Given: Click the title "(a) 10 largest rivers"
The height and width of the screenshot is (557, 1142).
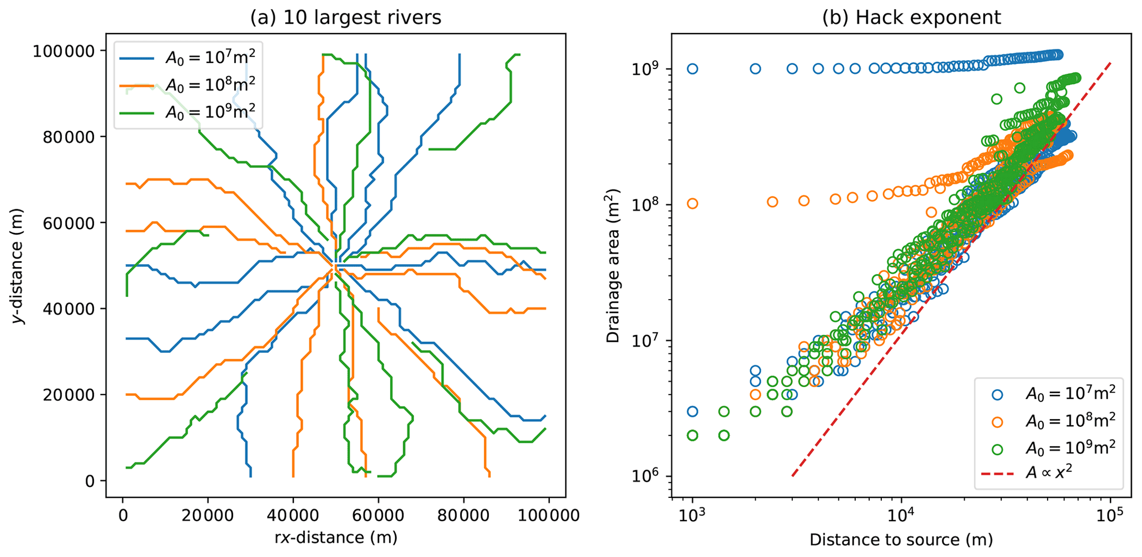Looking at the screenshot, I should [346, 18].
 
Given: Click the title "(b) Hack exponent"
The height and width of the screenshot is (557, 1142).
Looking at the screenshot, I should [911, 18].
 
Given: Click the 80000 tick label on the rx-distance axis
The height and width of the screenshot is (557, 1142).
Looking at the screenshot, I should [464, 516].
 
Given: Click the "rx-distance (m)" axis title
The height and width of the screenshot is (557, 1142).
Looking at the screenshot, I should [336, 537].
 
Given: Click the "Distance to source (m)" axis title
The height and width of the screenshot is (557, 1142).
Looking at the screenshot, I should [901, 539].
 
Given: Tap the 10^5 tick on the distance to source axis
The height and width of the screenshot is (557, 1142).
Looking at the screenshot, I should [1111, 516].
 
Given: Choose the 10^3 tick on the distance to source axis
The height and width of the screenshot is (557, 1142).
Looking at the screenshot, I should [692, 516].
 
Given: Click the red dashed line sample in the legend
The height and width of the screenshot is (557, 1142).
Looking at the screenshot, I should [997, 474].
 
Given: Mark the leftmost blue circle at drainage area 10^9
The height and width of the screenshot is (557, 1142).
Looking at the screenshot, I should [692, 69].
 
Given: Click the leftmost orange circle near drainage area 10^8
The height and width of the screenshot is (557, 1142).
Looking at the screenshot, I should [692, 204].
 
